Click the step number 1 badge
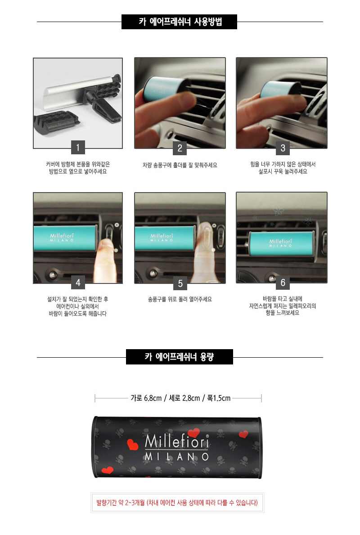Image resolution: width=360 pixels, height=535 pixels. [x=78, y=148]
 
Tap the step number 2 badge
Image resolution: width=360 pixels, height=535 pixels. [x=180, y=148]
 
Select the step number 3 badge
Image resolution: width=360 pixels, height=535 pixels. [x=283, y=148]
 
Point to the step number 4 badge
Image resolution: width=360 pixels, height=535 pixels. [x=78, y=283]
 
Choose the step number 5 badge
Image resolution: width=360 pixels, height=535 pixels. [x=180, y=283]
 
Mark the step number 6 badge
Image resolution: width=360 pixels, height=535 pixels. [x=283, y=283]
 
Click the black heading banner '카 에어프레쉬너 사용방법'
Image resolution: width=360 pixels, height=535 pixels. [x=179, y=22]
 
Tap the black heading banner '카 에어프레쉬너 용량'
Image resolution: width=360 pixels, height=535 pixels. [x=180, y=357]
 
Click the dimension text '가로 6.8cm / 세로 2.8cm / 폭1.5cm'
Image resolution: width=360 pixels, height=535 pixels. [x=180, y=398]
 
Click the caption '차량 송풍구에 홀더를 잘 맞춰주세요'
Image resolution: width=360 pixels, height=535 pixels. [x=180, y=165]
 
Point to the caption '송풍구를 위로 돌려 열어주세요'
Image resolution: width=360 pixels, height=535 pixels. [x=180, y=299]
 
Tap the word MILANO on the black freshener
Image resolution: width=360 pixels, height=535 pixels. [x=176, y=457]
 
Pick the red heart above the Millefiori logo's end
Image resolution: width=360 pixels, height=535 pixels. [x=193, y=433]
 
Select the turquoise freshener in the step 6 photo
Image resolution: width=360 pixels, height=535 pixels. [x=281, y=243]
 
